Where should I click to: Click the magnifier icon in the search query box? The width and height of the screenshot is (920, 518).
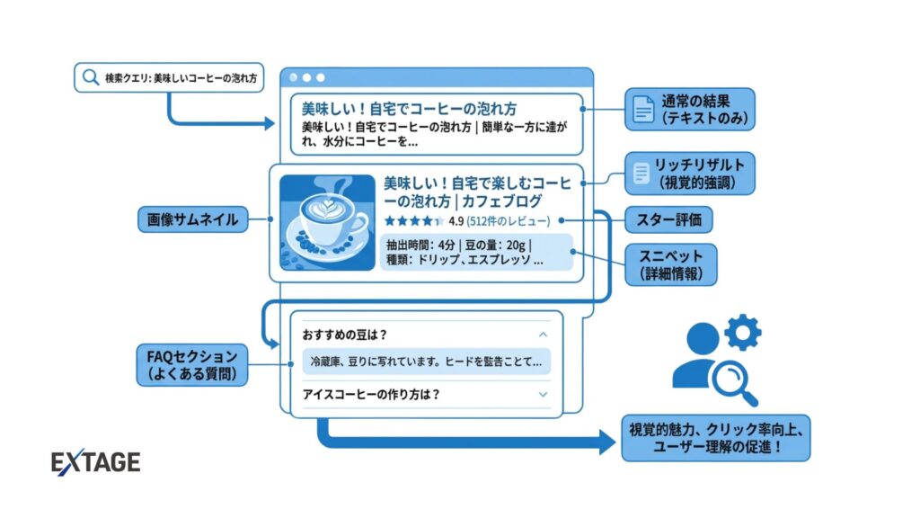coord(90,77)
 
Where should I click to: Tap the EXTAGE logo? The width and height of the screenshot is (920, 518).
coord(96,462)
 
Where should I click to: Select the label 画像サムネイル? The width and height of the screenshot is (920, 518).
coord(193,219)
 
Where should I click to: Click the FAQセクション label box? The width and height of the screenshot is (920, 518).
coord(191,364)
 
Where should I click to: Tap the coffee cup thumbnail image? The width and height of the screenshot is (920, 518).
coord(327,222)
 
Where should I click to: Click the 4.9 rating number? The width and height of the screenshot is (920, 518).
coord(456,220)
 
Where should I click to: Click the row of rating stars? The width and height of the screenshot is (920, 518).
coord(412,220)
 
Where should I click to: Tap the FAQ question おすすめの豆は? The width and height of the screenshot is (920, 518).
coord(348,335)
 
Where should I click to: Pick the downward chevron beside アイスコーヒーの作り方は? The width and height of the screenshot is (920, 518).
coord(543,394)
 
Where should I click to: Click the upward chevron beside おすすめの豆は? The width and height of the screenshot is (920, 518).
coord(543,335)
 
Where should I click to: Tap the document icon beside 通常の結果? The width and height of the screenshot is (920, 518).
coord(643,109)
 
